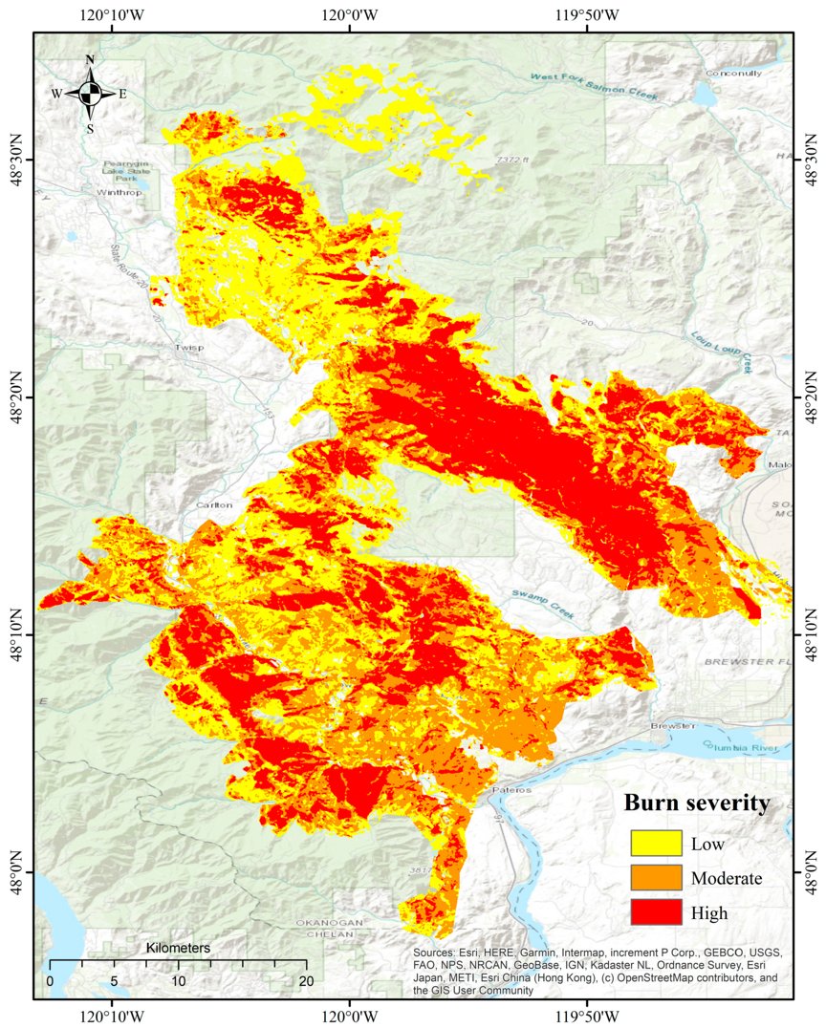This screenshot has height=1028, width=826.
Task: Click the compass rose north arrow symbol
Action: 90,93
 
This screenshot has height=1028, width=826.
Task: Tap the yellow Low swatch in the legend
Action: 656,843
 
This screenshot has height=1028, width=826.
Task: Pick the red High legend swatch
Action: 656,912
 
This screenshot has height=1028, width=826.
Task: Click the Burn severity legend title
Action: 696,803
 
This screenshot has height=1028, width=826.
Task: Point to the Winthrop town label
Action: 117,192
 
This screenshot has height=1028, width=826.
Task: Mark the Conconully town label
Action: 733,74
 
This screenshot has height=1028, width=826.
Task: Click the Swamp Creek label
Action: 542,606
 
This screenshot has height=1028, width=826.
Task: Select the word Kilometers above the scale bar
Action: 178,948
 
